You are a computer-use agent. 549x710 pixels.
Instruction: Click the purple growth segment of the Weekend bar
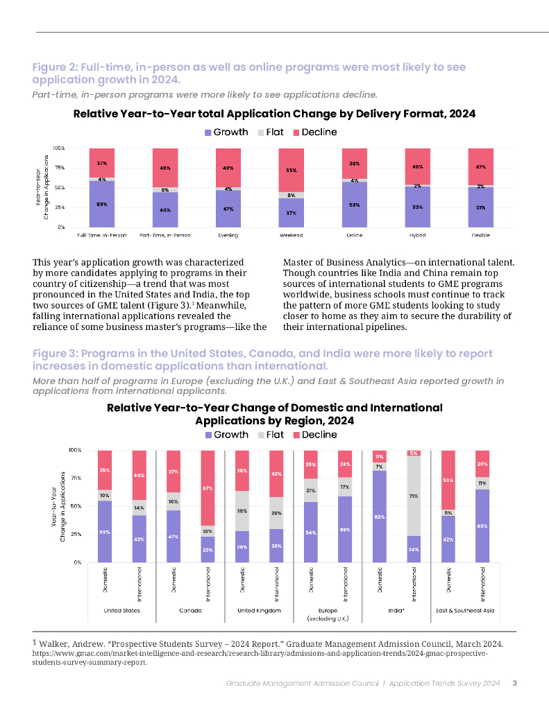(x=292, y=213)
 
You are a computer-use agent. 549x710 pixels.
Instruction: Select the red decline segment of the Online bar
(x=355, y=164)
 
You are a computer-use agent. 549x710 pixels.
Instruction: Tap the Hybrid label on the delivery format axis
(x=417, y=235)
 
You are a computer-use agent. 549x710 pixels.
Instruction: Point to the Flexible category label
(x=480, y=235)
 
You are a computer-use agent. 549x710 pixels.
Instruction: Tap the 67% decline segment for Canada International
(x=208, y=488)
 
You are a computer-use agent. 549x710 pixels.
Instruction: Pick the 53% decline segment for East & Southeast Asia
(x=448, y=480)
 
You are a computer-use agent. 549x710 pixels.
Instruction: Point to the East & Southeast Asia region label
(x=466, y=610)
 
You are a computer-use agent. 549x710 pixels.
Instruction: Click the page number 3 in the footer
(x=514, y=684)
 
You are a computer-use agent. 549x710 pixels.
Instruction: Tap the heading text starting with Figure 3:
(x=262, y=359)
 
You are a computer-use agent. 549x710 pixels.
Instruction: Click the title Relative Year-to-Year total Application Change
(x=274, y=113)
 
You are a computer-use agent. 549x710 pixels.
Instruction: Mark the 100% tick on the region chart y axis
(x=74, y=450)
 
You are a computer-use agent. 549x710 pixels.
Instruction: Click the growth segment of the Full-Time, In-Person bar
(x=102, y=204)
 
